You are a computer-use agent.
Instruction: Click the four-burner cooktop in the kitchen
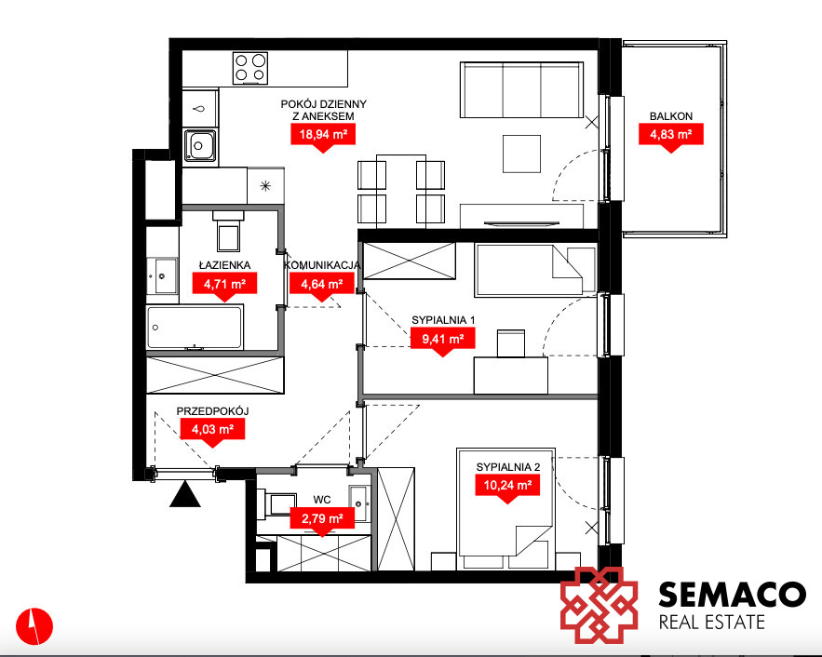tap(250, 68)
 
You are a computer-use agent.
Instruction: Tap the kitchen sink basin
tap(200, 145)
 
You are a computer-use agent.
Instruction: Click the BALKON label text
tap(671, 116)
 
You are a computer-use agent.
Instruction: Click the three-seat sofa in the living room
tap(521, 90)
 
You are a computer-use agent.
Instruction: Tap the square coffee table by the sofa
tap(521, 154)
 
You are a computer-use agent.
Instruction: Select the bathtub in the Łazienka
tap(195, 328)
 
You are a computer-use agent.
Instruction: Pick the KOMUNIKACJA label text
tap(322, 265)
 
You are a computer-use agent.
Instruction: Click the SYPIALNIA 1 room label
tap(443, 319)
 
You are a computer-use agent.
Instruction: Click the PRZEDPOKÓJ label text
tap(212, 411)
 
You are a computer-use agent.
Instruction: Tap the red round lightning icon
tap(34, 626)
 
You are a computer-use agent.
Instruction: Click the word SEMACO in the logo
tap(732, 595)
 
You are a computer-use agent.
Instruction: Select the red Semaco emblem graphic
tap(600, 605)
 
